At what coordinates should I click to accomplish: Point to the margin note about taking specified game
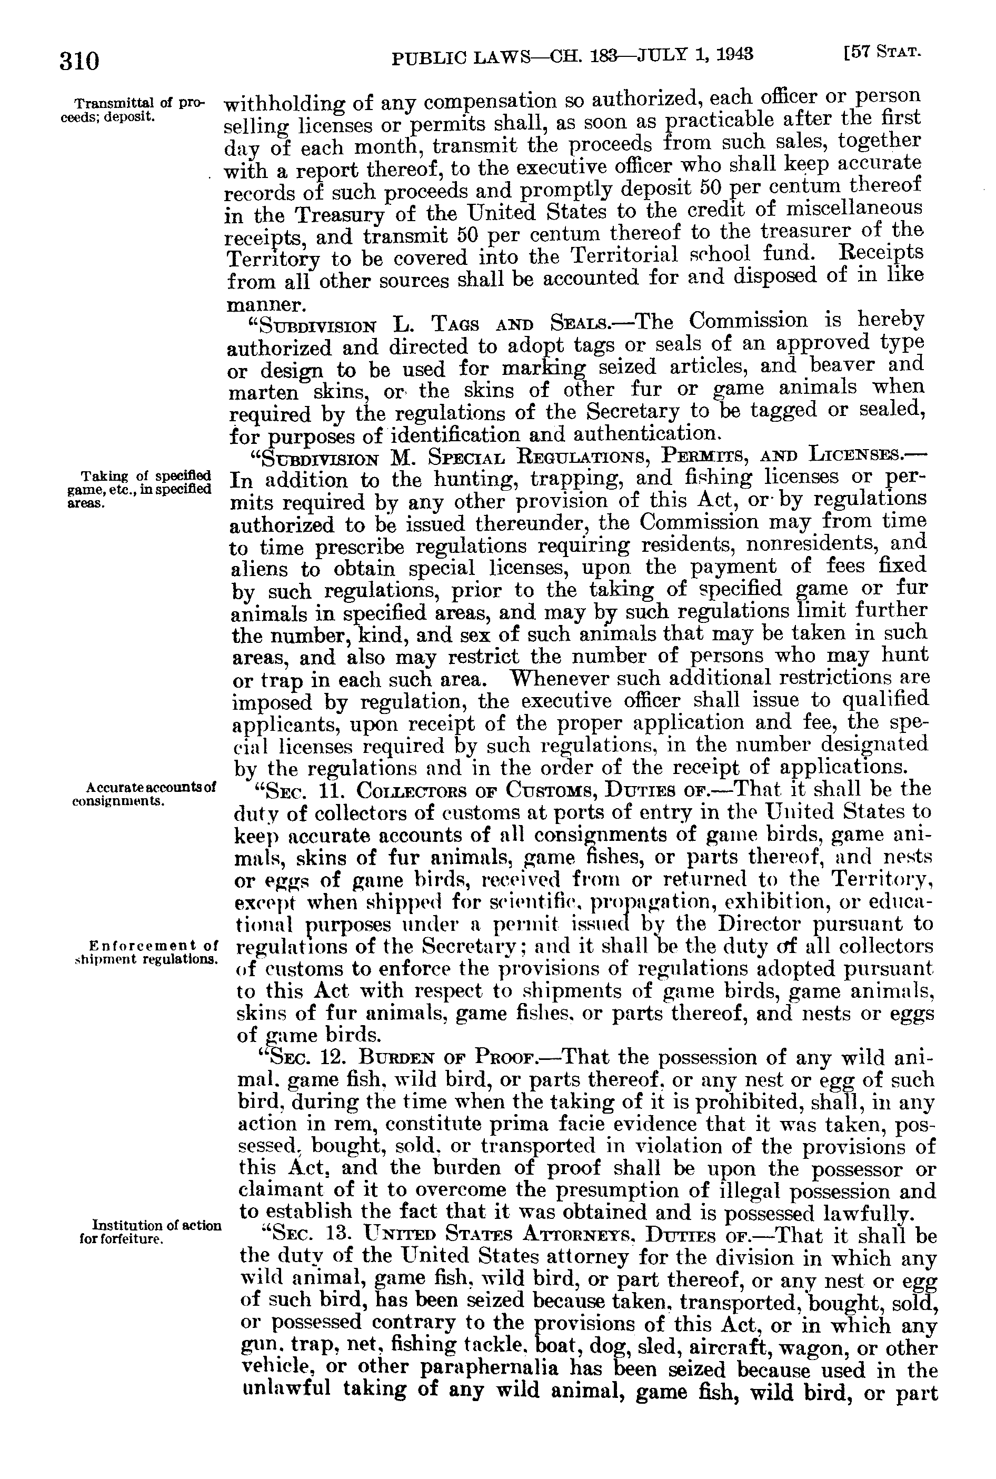139,489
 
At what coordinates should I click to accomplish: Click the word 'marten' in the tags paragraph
262,393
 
